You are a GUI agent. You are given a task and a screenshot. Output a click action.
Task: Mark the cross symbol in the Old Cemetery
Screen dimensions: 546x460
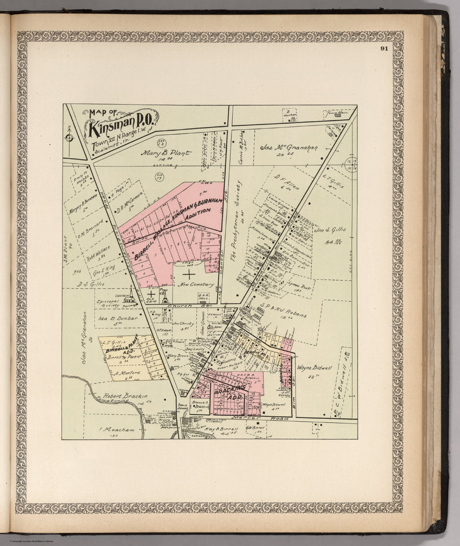[x=151, y=294]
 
